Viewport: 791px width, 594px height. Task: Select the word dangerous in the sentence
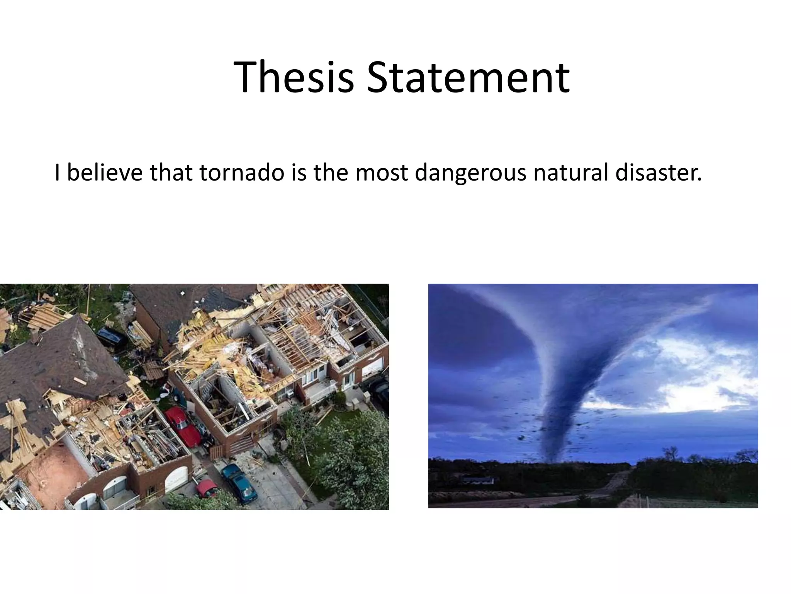pyautogui.click(x=470, y=172)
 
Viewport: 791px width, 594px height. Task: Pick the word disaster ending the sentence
pyautogui.click(x=658, y=172)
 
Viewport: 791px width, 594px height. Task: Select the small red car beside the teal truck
pyautogui.click(x=206, y=489)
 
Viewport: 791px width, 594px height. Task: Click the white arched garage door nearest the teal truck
pyautogui.click(x=177, y=478)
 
